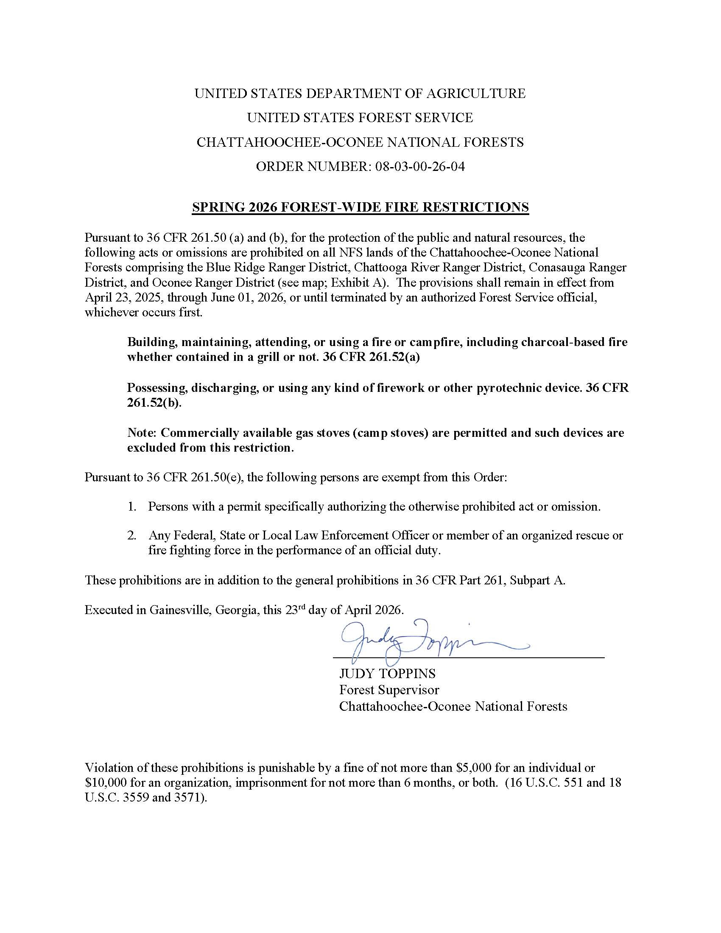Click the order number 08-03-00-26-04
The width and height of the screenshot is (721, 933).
[x=419, y=166]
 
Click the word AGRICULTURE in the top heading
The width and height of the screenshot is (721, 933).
[x=475, y=94]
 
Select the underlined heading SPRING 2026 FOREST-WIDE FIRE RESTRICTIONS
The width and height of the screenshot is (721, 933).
[x=360, y=207]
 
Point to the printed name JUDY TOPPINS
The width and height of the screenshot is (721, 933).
[x=387, y=674]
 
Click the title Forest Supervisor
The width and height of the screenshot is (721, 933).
[x=388, y=690]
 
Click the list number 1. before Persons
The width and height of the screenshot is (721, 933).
[x=131, y=507]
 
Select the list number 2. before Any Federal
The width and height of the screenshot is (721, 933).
[x=131, y=536]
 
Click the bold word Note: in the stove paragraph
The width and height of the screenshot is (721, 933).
[x=142, y=433]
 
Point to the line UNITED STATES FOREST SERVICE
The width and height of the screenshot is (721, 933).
[x=360, y=118]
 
